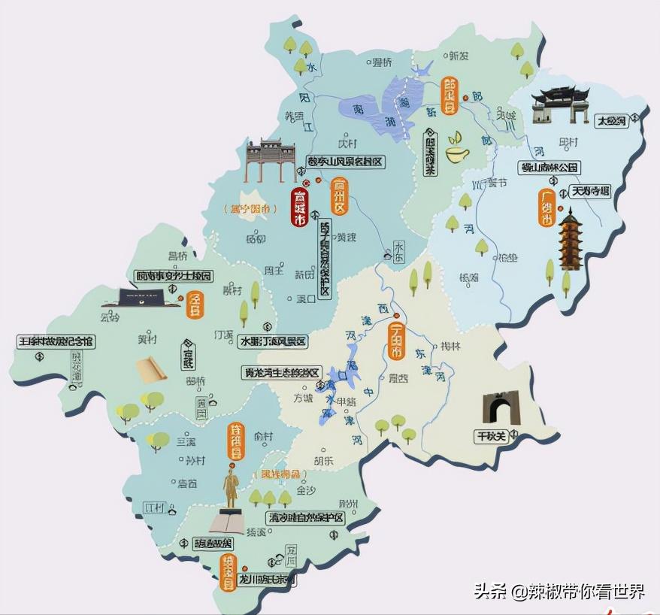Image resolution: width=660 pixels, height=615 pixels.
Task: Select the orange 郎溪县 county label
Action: (450, 96)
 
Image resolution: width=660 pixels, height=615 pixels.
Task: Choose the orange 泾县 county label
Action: (195, 305)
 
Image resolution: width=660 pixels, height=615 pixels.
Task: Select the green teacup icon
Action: (456, 150)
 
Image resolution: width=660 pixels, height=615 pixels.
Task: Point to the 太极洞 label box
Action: (610, 120)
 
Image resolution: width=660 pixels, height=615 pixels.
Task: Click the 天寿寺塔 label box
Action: (591, 191)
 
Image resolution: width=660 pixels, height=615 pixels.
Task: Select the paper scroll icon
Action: (150, 368)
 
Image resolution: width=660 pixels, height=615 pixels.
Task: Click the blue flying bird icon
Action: (423, 68)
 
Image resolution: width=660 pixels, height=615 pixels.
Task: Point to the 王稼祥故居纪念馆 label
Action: (56, 341)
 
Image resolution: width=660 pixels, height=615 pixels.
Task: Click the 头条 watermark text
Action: (490, 592)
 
